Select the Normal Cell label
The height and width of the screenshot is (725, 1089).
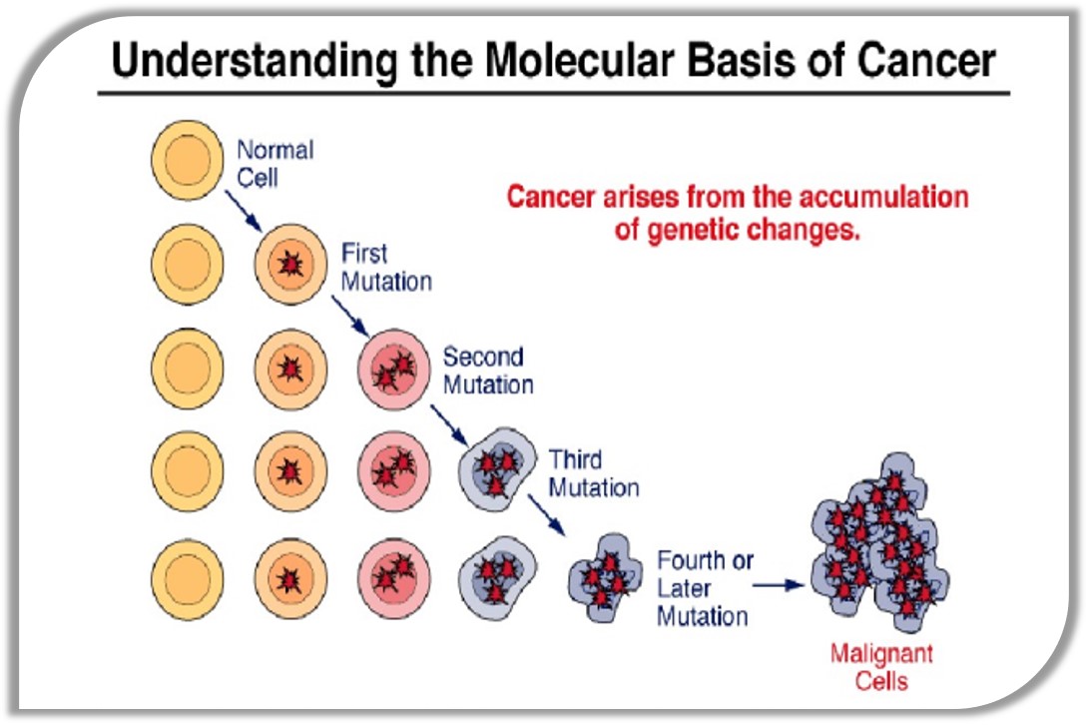pos(274,164)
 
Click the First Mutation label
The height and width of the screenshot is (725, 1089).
pos(386,267)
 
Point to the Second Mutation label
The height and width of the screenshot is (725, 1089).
pos(488,369)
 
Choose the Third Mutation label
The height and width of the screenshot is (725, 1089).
pos(593,473)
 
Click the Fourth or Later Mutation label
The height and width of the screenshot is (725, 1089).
pos(705,588)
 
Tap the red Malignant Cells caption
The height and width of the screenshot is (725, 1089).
pos(881,668)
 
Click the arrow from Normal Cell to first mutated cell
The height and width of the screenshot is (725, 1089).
pos(245,208)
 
